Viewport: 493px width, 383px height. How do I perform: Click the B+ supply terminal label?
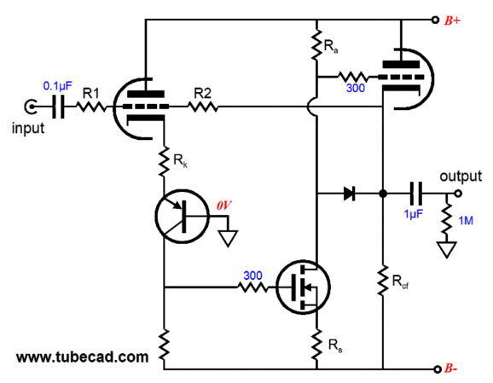452,20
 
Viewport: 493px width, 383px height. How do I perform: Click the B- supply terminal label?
451,368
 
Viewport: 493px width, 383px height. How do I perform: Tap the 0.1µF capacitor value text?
57,85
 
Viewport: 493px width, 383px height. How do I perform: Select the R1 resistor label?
91,93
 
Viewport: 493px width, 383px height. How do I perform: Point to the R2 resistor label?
202,93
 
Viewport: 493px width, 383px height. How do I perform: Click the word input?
28,128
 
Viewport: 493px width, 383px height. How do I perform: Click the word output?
461,176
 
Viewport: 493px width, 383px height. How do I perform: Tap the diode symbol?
350,194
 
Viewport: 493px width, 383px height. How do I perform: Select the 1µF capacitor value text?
414,214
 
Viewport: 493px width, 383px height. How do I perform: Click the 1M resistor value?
466,221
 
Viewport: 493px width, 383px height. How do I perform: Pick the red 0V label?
223,206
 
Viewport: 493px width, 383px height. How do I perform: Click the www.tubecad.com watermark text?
83,357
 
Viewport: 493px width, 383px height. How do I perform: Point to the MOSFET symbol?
303,287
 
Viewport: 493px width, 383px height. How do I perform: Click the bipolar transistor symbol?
182,216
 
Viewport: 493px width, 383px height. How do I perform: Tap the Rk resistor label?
180,161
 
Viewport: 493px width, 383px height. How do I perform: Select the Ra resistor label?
331,47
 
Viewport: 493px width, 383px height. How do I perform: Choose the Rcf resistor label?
400,281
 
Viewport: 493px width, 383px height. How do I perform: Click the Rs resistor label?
335,345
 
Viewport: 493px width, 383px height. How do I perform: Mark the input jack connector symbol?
31,107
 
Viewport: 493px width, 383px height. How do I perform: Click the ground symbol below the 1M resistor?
447,250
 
